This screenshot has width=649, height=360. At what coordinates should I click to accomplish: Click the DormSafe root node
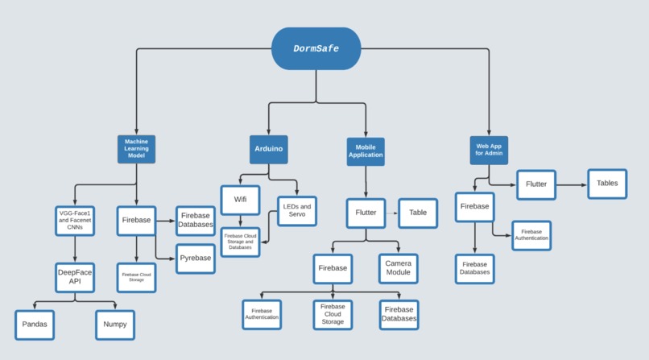pyautogui.click(x=316, y=48)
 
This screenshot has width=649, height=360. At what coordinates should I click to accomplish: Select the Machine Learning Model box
pyautogui.click(x=136, y=150)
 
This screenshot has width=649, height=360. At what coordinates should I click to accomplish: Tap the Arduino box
pyautogui.click(x=269, y=150)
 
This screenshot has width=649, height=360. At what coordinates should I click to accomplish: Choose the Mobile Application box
pyautogui.click(x=366, y=151)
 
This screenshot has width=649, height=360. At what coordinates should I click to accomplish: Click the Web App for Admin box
pyautogui.click(x=489, y=150)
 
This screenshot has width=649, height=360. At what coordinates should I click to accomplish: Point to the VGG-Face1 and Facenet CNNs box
pyautogui.click(x=75, y=220)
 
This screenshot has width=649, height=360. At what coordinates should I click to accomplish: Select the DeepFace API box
pyautogui.click(x=75, y=277)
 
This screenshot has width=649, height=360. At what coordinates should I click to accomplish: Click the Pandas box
pyautogui.click(x=35, y=325)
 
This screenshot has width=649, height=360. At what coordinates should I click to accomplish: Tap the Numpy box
pyautogui.click(x=115, y=325)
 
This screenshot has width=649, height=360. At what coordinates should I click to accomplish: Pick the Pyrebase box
pyautogui.click(x=196, y=259)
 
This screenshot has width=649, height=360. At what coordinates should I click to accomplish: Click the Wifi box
pyautogui.click(x=240, y=200)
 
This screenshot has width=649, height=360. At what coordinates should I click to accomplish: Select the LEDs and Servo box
pyautogui.click(x=296, y=211)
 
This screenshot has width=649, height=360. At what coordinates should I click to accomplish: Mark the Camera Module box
pyautogui.click(x=398, y=267)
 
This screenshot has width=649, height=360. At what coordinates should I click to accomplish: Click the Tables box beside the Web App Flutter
pyautogui.click(x=607, y=184)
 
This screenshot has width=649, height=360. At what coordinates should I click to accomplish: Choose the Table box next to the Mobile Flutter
pyautogui.click(x=418, y=213)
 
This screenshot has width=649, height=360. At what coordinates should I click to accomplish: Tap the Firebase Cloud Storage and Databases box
pyautogui.click(x=240, y=242)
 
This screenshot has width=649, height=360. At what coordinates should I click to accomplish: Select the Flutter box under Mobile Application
pyautogui.click(x=366, y=213)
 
